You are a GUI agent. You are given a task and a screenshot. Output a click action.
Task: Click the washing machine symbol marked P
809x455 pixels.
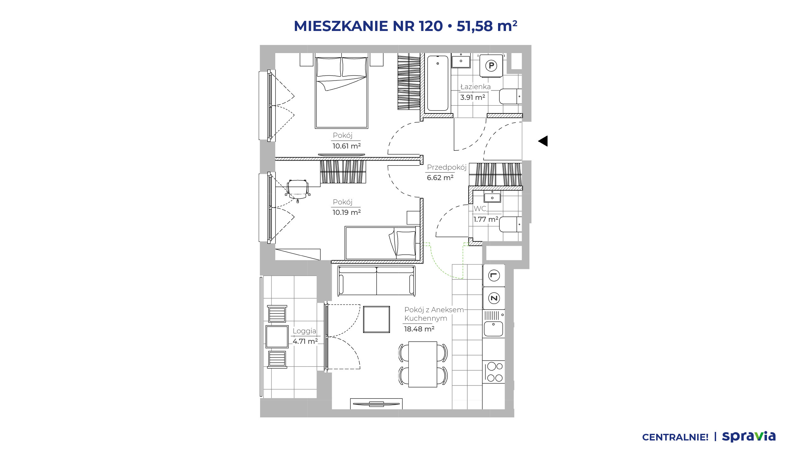click(x=491, y=66)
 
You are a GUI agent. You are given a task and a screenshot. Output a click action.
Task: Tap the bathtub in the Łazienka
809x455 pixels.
click(x=438, y=83)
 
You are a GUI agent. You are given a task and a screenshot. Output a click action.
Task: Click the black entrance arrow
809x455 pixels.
click(x=543, y=141)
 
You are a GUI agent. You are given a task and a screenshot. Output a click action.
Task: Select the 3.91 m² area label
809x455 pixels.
click(x=472, y=97)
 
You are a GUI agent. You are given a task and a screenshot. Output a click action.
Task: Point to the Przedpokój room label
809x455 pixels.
click(x=447, y=167)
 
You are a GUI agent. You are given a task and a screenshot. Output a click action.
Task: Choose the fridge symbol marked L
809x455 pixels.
click(x=494, y=276)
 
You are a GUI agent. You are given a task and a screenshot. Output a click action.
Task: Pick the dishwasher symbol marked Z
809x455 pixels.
click(x=494, y=298)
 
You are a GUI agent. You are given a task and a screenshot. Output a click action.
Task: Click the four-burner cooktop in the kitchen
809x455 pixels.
click(x=494, y=372)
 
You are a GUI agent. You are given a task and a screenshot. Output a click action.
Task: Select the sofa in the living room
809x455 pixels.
click(x=376, y=281)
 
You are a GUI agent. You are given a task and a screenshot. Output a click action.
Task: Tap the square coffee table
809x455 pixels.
click(x=376, y=319)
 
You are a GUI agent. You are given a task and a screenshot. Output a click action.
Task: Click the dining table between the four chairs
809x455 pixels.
click(x=423, y=364)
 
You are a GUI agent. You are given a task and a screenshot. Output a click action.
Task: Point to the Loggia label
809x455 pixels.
click(x=304, y=331)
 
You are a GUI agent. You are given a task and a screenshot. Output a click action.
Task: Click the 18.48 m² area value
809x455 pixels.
click(x=419, y=329)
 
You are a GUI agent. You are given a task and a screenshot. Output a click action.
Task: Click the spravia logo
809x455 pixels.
click(x=749, y=436)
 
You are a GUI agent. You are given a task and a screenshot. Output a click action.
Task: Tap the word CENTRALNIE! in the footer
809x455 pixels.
click(x=675, y=437)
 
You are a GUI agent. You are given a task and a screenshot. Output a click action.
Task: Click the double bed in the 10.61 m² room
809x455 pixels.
click(x=342, y=93)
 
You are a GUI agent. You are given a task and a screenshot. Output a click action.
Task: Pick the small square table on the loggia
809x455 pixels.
click(x=277, y=337)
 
